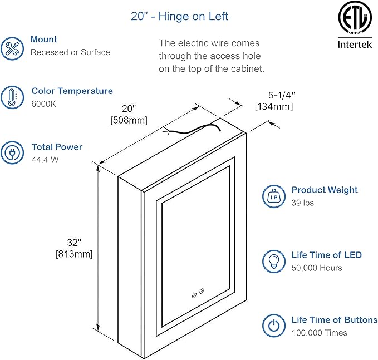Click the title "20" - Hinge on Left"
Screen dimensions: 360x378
[179, 16]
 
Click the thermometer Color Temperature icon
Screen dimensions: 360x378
[12, 97]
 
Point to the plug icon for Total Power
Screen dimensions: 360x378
[12, 153]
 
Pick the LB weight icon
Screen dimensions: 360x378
[274, 196]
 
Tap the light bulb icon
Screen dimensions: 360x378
[274, 261]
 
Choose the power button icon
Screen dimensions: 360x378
[274, 326]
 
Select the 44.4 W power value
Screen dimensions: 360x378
[45, 160]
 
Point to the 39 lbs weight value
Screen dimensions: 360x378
[303, 203]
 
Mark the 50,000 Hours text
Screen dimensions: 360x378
[317, 268]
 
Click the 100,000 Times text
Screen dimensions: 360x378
[320, 333]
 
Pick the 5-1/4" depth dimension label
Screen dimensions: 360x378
[273, 95]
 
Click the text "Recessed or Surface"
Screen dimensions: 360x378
[70, 52]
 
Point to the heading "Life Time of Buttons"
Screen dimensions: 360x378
[335, 319]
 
